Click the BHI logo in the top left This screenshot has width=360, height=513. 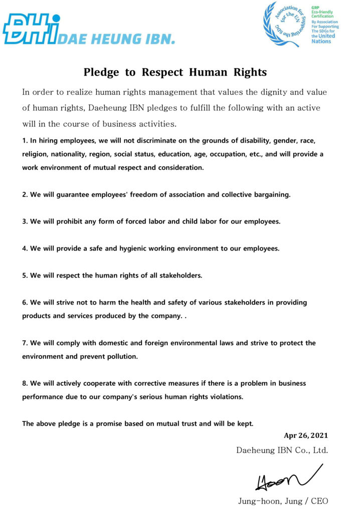click(31, 29)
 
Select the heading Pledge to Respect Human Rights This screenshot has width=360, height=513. click(175, 72)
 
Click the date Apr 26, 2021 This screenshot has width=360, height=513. click(306, 435)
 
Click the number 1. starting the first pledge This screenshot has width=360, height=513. click(25, 140)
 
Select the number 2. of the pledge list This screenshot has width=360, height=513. click(25, 194)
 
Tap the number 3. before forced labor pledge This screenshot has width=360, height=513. click(25, 221)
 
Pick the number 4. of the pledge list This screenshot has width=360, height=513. click(25, 248)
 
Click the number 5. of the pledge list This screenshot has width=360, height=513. click(25, 276)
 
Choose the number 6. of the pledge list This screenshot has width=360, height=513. click(25, 303)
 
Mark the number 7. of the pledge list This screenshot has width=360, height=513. click(25, 343)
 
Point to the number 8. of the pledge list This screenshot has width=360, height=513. click(25, 383)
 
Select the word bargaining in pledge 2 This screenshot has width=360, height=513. click(271, 194)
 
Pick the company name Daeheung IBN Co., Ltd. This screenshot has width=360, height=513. click(282, 450)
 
